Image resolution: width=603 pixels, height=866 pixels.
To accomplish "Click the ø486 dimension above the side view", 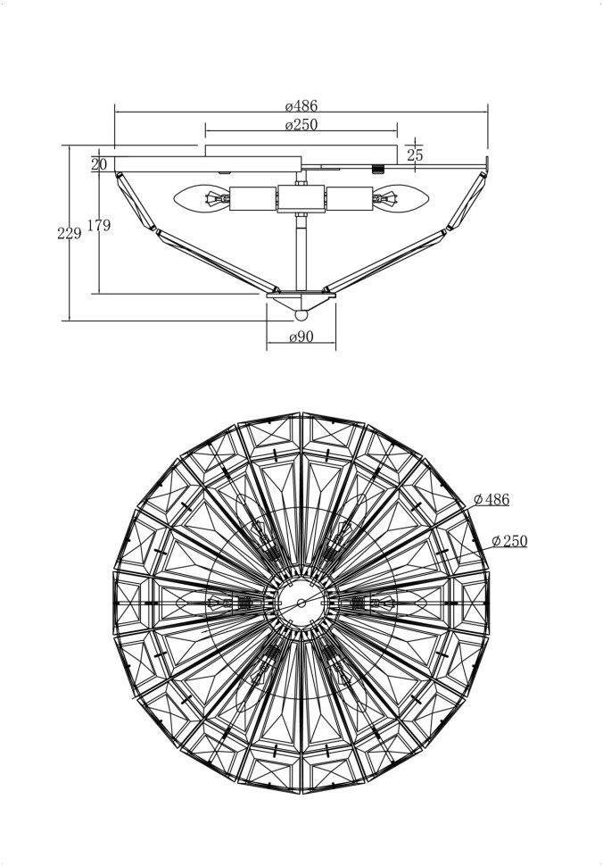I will coord(301,105).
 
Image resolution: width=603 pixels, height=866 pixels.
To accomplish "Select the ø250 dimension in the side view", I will coord(301,125).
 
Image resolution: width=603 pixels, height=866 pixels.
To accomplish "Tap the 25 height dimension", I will coord(415,154).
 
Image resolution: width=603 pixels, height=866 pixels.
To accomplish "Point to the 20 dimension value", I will coord(98,164).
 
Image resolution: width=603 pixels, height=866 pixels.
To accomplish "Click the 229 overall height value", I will coord(69,233).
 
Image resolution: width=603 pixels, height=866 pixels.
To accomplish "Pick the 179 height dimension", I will coord(99,226).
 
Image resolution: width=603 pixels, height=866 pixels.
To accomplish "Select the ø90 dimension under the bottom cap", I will coord(301,337).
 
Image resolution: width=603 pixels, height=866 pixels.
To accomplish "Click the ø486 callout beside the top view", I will coord(491,499).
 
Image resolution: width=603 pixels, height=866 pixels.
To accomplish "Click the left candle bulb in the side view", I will coord(203,197).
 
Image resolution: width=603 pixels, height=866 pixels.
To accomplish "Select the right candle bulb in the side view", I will coord(398,197).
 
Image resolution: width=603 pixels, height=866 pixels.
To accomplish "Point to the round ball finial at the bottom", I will coord(301,314).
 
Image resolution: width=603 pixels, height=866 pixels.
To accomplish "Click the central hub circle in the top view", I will coord(301,604).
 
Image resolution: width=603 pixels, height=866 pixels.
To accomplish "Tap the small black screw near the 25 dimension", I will coord(377,167).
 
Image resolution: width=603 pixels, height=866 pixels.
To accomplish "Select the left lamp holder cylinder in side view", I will coord(253,198).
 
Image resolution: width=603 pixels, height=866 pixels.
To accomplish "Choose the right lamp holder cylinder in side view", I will coord(349,198).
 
